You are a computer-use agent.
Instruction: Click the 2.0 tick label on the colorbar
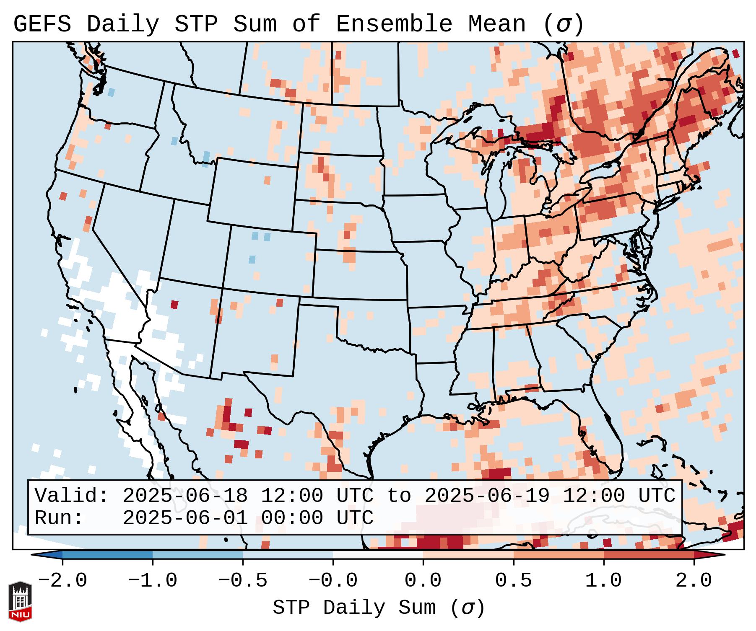[694, 581]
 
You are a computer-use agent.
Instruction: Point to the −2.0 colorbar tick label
[62, 581]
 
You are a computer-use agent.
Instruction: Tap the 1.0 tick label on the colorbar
[603, 581]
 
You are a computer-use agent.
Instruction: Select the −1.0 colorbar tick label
[153, 581]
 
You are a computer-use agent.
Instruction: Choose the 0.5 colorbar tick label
[513, 581]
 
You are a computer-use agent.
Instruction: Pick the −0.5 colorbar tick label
[243, 581]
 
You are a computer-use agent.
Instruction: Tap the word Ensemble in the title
[394, 24]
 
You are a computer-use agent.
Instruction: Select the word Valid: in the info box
[72, 496]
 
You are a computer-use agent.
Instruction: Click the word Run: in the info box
[59, 518]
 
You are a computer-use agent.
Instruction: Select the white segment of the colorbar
[378, 555]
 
